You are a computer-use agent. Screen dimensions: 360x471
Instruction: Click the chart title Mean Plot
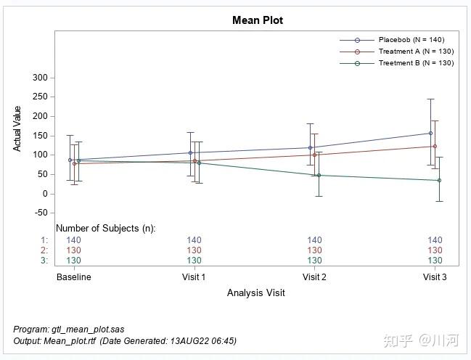258,20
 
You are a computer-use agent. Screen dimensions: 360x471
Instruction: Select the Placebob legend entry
411,39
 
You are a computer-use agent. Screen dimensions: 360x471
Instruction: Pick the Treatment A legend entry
416,52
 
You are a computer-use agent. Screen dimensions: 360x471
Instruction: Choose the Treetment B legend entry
416,63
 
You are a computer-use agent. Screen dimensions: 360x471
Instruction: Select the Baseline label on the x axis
74,277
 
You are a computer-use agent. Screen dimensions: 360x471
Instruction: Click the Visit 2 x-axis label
314,277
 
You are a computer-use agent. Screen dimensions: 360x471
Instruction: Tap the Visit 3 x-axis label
435,277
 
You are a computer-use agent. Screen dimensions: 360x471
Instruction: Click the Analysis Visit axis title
255,293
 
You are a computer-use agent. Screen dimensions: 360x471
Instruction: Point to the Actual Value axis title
17,128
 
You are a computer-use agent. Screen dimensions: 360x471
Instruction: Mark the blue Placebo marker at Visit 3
430,133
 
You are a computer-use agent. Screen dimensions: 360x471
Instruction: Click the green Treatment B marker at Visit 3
439,180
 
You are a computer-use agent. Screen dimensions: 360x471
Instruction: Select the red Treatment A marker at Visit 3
435,146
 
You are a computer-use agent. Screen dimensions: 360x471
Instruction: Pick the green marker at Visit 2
319,175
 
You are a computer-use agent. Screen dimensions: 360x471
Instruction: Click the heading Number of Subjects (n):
106,228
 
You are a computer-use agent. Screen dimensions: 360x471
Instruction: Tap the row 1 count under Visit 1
194,240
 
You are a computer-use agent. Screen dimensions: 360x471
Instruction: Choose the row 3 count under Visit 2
314,261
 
